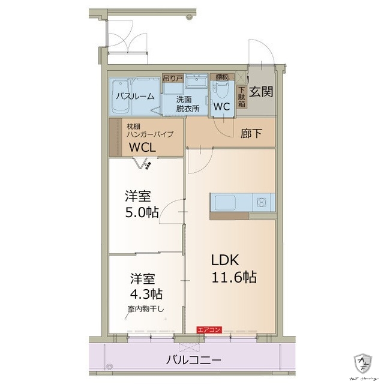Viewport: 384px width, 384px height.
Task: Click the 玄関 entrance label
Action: click(x=262, y=92)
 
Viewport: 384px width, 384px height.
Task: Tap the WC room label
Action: click(x=222, y=106)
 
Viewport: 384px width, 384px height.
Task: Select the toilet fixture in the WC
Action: click(x=221, y=90)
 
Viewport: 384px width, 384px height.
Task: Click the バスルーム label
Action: click(x=135, y=96)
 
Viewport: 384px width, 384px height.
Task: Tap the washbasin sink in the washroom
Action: click(x=195, y=82)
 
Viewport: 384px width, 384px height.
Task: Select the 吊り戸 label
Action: click(x=173, y=78)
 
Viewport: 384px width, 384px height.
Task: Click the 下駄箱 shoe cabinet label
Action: click(x=241, y=95)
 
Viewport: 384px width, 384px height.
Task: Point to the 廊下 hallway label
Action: click(x=251, y=134)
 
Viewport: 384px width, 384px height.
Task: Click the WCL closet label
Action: click(x=142, y=146)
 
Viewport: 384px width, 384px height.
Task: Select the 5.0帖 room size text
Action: click(x=142, y=212)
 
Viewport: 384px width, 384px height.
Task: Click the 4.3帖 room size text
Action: click(x=147, y=295)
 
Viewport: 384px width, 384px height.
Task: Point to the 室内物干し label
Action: click(x=146, y=309)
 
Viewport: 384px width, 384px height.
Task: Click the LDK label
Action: click(x=225, y=260)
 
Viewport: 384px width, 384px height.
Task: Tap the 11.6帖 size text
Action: click(x=233, y=277)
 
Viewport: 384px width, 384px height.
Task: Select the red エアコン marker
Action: click(x=210, y=329)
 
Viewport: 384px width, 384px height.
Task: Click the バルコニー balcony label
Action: click(x=193, y=361)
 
